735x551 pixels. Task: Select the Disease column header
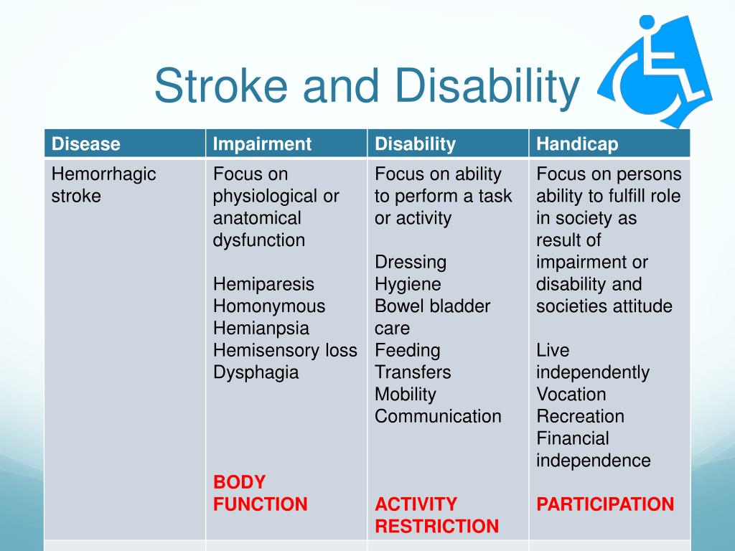(85, 144)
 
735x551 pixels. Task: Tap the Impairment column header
(262, 144)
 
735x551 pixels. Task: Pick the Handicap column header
(577, 144)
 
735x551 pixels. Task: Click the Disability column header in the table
(415, 144)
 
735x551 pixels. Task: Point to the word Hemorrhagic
(103, 174)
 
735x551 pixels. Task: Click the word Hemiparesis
(263, 285)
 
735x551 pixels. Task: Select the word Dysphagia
(256, 373)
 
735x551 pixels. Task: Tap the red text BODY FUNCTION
(260, 494)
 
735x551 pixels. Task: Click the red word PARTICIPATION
(605, 504)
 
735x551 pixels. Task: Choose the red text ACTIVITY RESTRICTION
(436, 515)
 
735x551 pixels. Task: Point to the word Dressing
(410, 263)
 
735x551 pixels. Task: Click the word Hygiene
(408, 285)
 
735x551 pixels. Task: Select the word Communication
(438, 417)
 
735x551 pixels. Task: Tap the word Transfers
(413, 373)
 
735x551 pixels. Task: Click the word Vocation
(571, 395)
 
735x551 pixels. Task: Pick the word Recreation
(580, 417)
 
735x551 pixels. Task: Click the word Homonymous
(268, 306)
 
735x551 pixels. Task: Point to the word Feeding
(407, 351)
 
